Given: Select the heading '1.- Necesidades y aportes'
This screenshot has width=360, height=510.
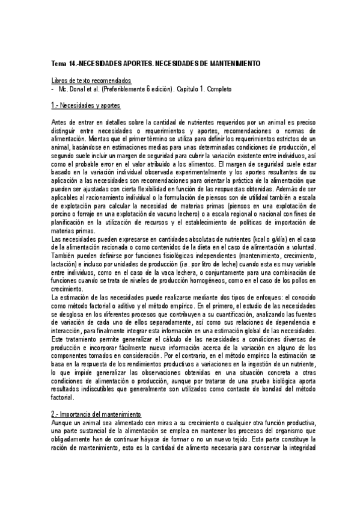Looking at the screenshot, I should (x=86, y=106).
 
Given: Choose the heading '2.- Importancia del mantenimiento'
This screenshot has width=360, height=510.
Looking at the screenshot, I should (x=96, y=415).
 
